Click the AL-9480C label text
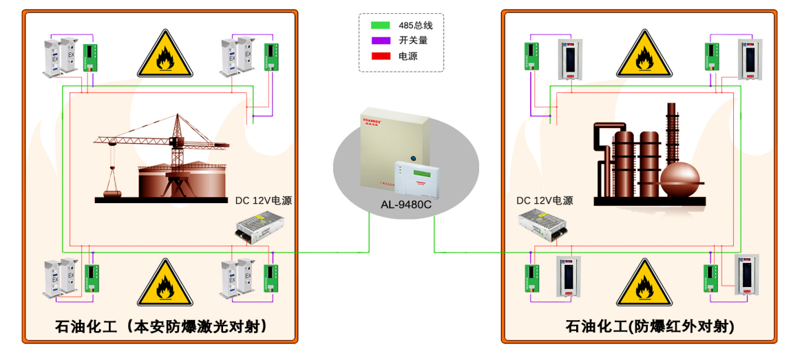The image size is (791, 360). pos(406,204)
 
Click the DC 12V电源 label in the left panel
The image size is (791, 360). pos(264,201)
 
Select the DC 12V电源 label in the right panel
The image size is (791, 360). pos(545,201)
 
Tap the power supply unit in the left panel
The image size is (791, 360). pos(254,227)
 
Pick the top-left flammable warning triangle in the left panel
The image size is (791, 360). pos(164,56)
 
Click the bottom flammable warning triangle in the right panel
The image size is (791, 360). pos(644,284)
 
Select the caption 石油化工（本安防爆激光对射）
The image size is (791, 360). pos(160,326)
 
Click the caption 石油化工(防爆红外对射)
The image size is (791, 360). pos(640,326)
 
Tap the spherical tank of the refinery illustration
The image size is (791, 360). pos(679,178)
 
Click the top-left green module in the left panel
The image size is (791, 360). pos(89,58)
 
